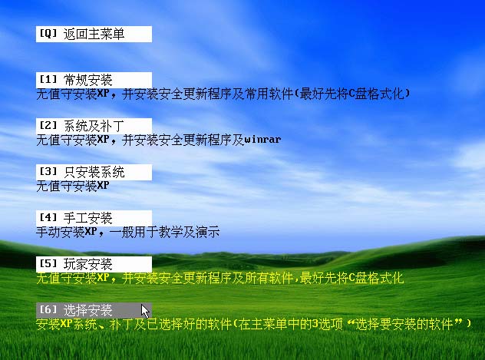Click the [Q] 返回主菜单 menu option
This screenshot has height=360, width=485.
pyautogui.click(x=94, y=34)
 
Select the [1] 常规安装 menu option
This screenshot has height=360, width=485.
pyautogui.click(x=94, y=80)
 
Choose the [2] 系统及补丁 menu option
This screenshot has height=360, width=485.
pyautogui.click(x=94, y=126)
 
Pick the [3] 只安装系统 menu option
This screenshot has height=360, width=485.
pyautogui.click(x=94, y=172)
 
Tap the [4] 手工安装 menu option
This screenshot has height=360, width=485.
pyautogui.click(x=94, y=218)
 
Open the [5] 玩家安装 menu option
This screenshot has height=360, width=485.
pyautogui.click(x=94, y=264)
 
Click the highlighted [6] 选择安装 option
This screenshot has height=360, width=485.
pyautogui.click(x=94, y=310)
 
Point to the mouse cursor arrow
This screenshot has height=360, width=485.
pyautogui.click(x=145, y=311)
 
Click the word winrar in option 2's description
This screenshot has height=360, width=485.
pyautogui.click(x=262, y=140)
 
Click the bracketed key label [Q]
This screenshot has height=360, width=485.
pyautogui.click(x=48, y=33)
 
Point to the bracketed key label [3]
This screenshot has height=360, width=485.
pyautogui.click(x=48, y=171)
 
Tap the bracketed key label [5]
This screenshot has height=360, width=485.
pyautogui.click(x=48, y=263)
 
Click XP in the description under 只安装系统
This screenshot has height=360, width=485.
pyautogui.click(x=104, y=185)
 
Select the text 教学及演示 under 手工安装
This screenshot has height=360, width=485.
pyautogui.click(x=189, y=232)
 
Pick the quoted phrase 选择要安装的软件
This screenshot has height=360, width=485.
pyautogui.click(x=404, y=324)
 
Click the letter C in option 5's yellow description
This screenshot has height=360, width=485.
pyautogui.click(x=351, y=278)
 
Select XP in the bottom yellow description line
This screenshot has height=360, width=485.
pyautogui.click(x=67, y=323)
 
